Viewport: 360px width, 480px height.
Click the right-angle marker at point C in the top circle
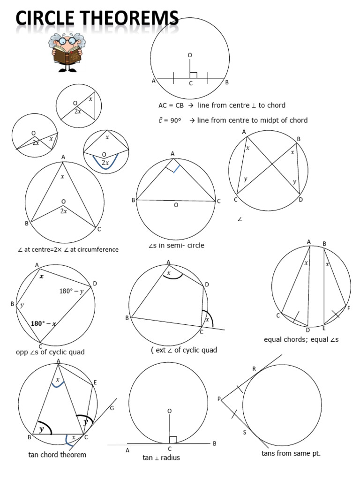[x=193, y=75]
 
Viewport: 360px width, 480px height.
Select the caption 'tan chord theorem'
[x=57, y=454]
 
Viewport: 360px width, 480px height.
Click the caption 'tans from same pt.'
[x=291, y=453]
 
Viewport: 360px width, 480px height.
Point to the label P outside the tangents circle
[x=218, y=399]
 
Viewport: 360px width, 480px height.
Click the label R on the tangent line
[x=254, y=369]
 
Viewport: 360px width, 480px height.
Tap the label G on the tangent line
[x=112, y=408]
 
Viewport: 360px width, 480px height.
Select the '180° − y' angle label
[x=71, y=291]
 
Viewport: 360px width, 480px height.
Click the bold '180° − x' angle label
[x=44, y=323]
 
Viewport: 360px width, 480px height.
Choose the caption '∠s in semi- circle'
[x=176, y=245]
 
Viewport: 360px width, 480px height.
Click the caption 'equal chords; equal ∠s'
[x=301, y=339]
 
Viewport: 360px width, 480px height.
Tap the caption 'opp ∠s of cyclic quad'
[x=50, y=352]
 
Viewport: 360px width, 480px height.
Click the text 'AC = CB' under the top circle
[x=171, y=105]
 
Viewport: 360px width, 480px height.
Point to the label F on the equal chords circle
[x=348, y=308]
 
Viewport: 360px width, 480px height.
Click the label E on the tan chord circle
[x=95, y=382]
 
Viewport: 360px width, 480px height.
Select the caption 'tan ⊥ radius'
[x=161, y=457]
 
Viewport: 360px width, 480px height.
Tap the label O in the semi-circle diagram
[x=176, y=205]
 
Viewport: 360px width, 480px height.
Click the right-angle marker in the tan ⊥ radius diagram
[x=172, y=439]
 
